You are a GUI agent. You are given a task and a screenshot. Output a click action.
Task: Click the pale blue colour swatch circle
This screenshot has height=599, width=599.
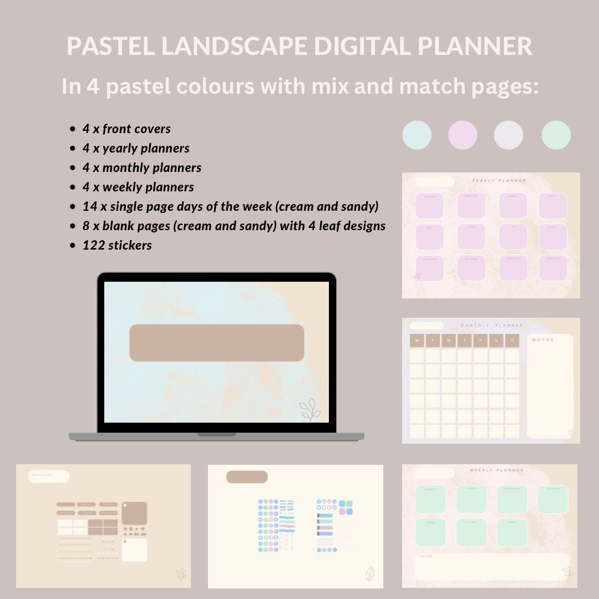[417, 135]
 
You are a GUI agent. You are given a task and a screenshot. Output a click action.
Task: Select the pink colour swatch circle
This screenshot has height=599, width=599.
[463, 135]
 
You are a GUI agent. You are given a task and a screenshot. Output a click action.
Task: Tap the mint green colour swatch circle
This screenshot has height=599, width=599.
[556, 135]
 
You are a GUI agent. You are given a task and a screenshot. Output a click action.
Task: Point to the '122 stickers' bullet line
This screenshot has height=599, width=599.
[117, 245]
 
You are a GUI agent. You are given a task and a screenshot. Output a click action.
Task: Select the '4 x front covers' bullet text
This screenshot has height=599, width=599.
[126, 129]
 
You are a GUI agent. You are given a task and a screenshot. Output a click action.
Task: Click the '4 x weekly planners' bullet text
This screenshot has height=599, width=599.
[138, 187]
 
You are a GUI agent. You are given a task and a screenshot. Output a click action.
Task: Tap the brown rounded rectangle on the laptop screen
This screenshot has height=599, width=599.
[216, 343]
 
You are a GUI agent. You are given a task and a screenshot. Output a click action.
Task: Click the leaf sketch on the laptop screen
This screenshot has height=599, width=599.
[310, 410]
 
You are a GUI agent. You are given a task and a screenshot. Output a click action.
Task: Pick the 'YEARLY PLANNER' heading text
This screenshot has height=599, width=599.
[499, 180]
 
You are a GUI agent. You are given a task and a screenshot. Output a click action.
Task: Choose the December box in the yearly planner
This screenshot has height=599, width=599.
[553, 268]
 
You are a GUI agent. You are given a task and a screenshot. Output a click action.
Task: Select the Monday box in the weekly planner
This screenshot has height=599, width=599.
[430, 499]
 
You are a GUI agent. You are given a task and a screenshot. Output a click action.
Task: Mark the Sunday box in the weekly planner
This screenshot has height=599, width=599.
[512, 532]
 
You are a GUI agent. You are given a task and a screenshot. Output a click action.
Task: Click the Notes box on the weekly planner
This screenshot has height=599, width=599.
[491, 567]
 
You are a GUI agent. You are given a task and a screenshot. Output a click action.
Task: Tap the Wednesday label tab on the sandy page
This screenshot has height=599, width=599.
[49, 476]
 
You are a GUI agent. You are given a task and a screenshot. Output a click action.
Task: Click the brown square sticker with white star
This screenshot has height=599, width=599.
[134, 513]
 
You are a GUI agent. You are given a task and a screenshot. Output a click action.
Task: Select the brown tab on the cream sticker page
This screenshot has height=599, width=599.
[247, 477]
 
